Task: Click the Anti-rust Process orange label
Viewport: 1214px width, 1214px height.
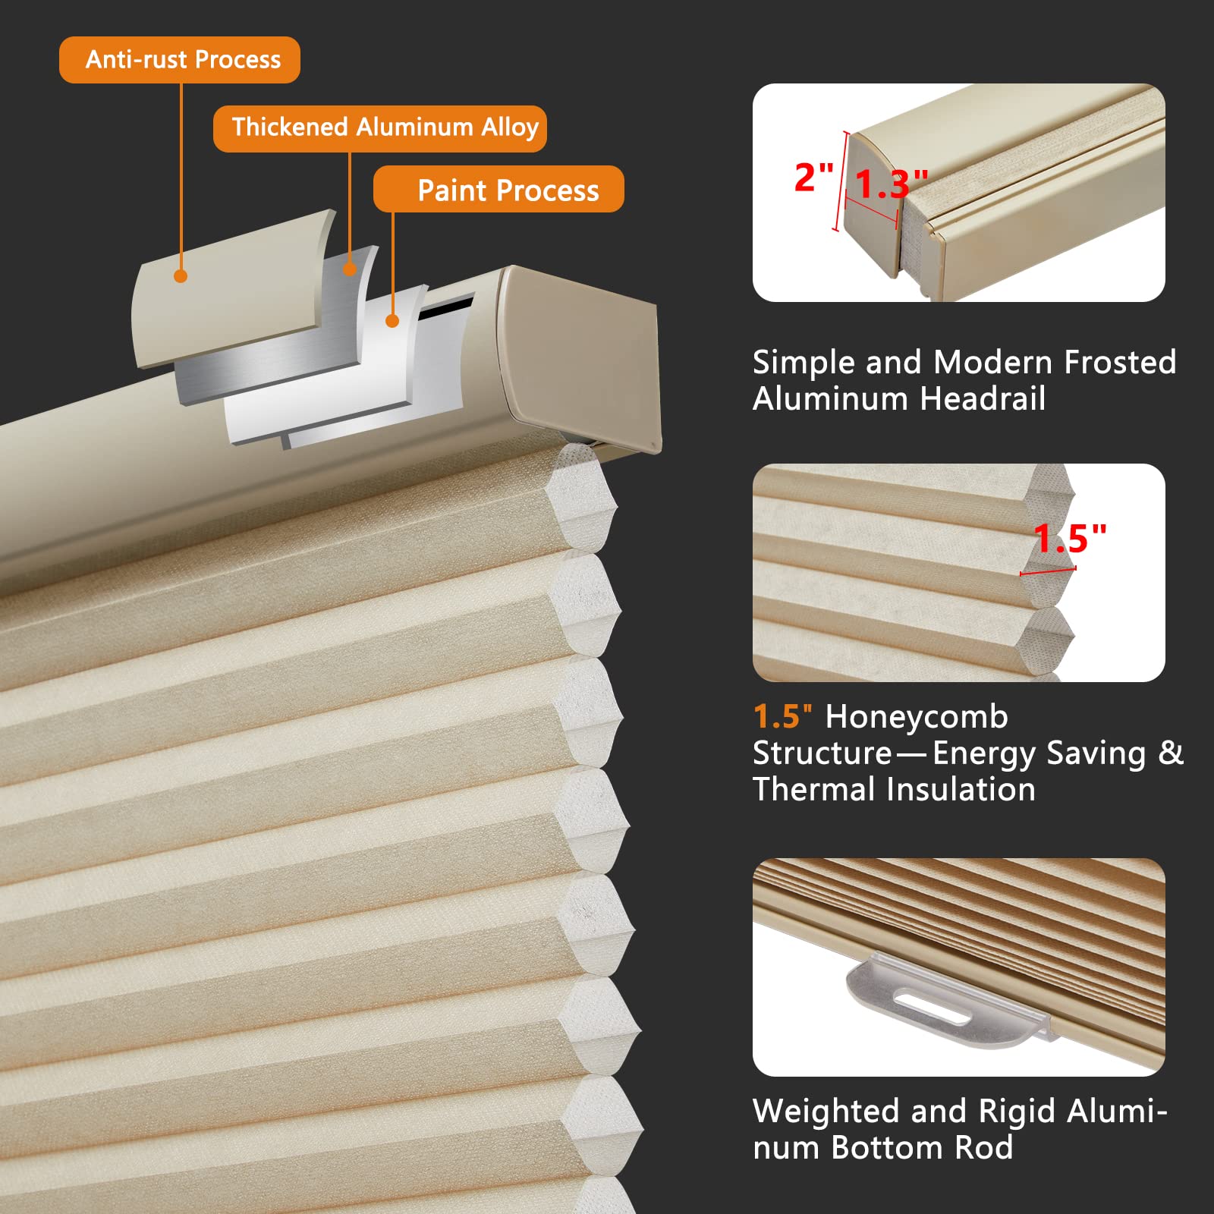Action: tap(180, 60)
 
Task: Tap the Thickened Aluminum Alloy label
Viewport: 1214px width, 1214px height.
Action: tap(380, 128)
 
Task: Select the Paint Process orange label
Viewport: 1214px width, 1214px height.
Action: tap(498, 190)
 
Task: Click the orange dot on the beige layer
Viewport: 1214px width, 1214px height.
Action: tap(181, 276)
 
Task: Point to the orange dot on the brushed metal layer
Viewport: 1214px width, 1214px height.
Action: tap(349, 269)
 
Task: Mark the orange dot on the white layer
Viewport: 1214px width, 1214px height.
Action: tap(392, 321)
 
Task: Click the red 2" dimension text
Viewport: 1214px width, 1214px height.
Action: tap(813, 177)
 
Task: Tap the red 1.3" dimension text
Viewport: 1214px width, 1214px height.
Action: tap(889, 184)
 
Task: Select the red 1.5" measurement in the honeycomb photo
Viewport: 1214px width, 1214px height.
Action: tap(1069, 538)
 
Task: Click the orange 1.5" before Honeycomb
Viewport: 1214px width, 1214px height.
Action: tap(782, 717)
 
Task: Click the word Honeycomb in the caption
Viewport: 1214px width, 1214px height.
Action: tap(917, 717)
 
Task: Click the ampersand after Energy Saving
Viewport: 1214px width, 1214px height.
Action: tap(1170, 753)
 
